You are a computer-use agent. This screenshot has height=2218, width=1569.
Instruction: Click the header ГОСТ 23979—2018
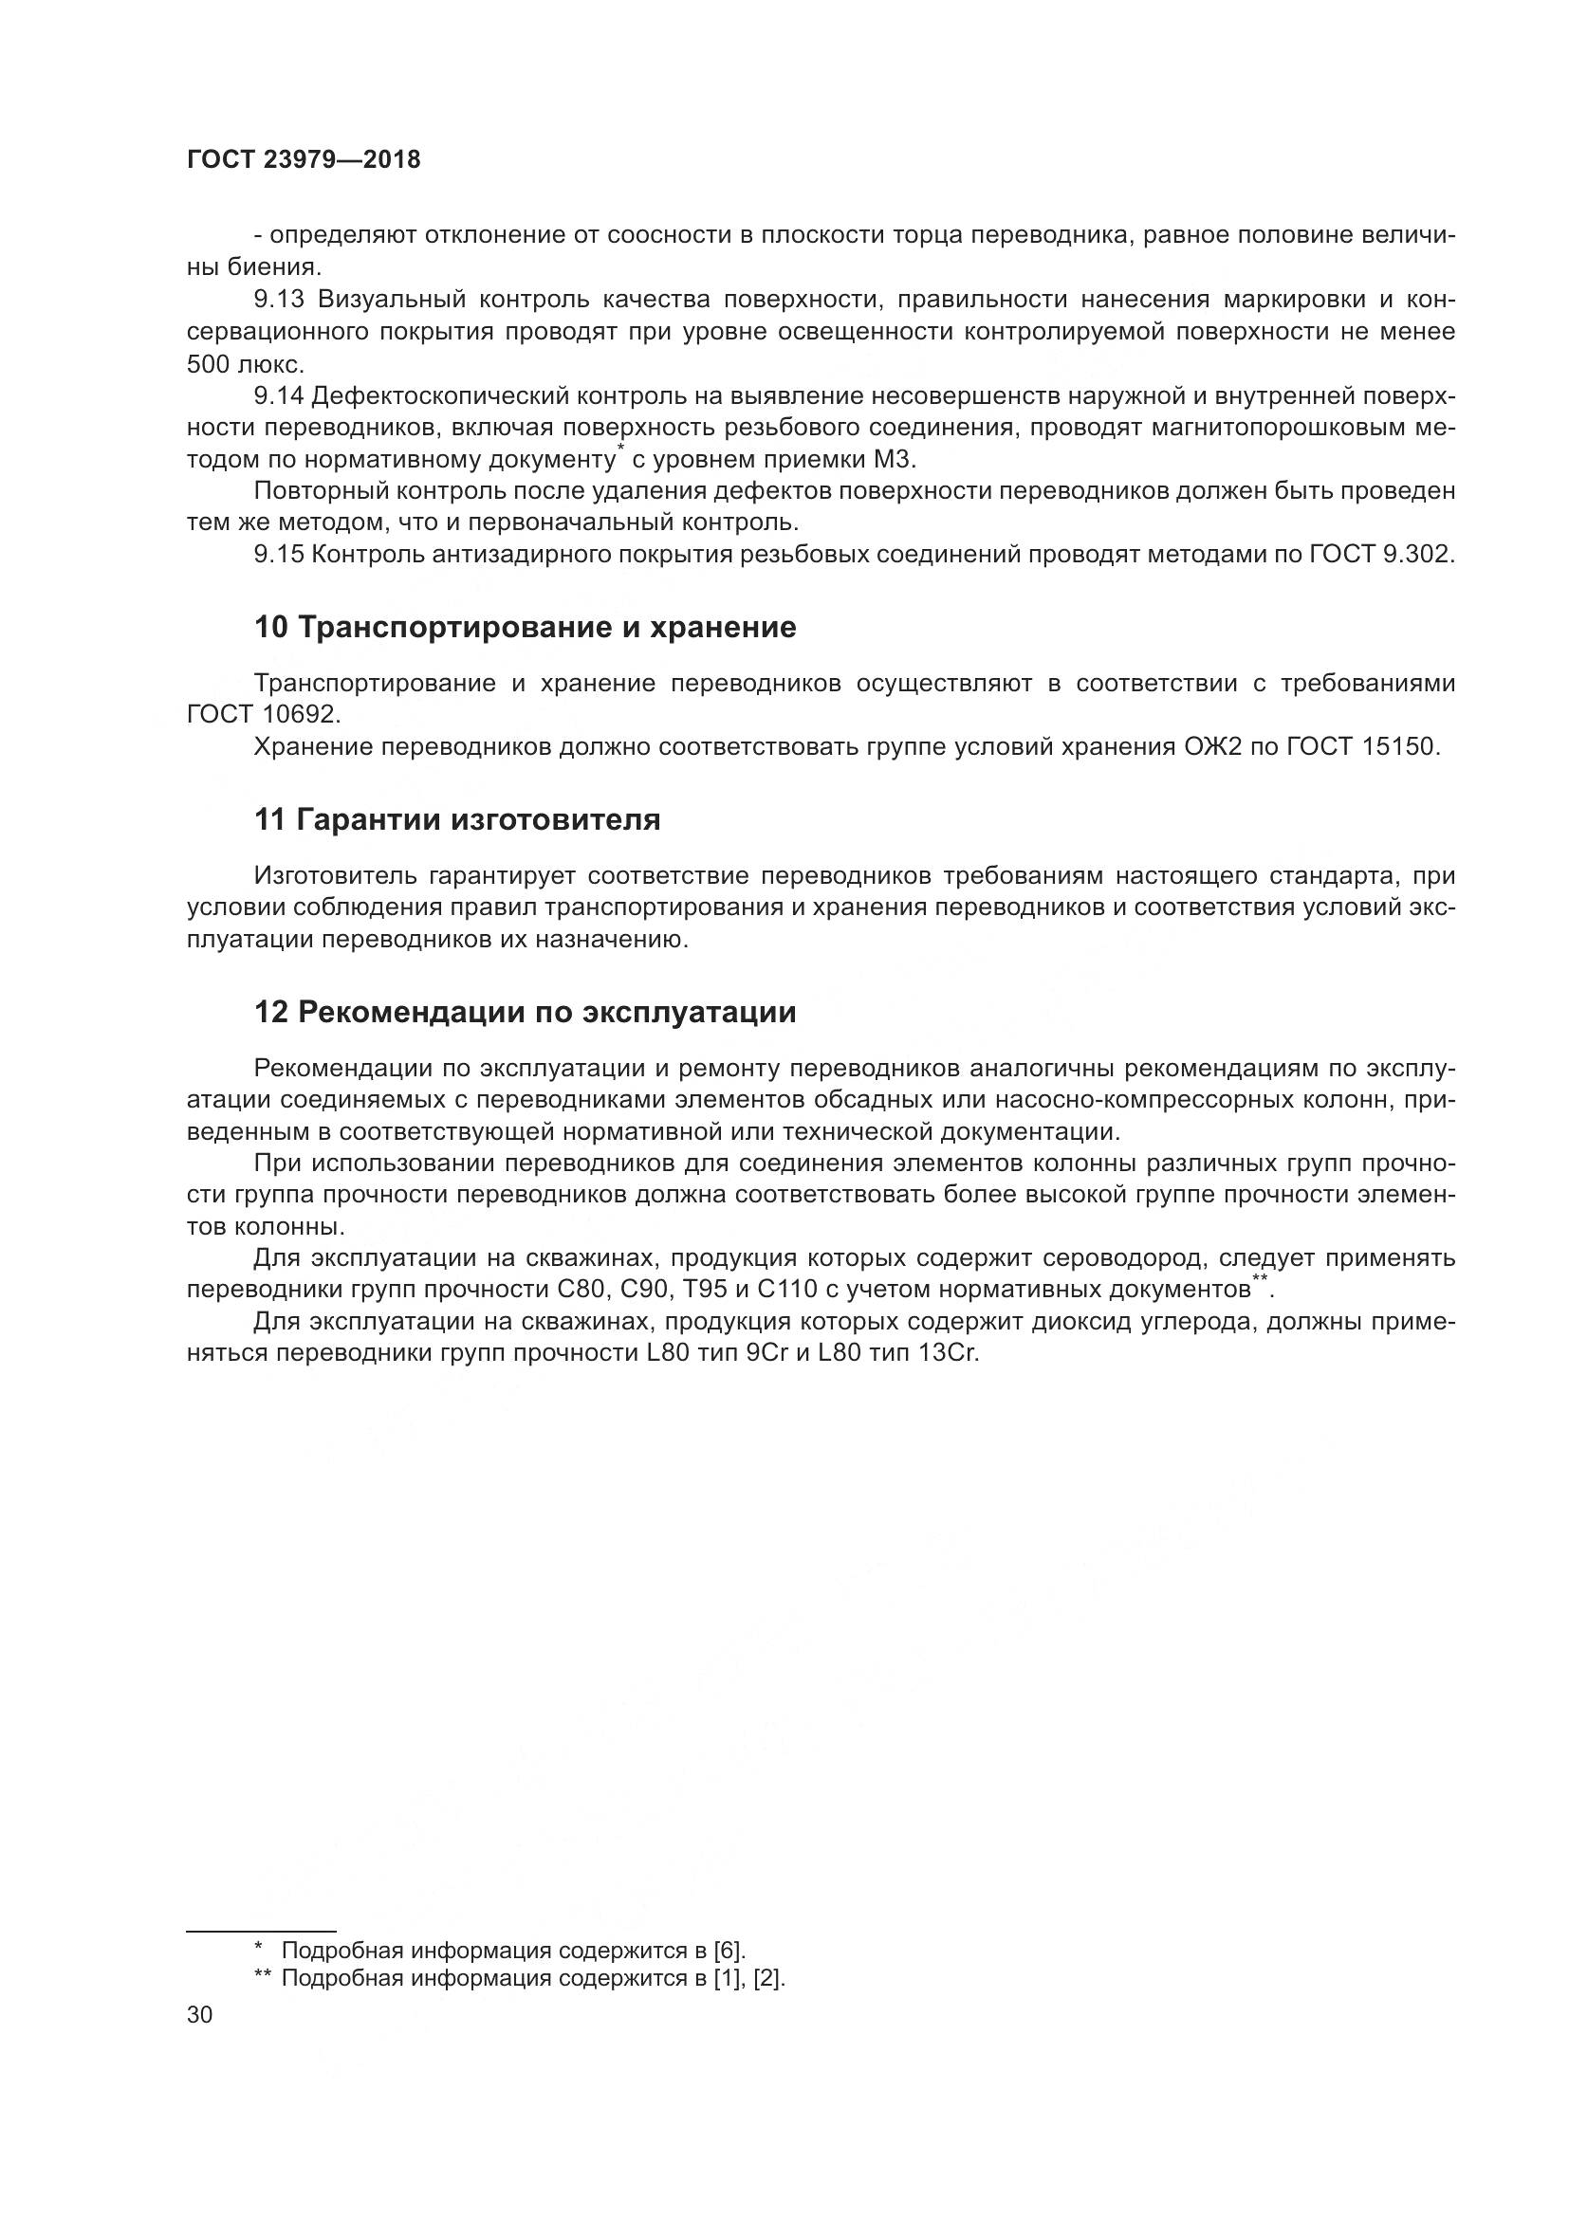304,160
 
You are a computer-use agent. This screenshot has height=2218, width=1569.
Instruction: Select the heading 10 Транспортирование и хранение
525,628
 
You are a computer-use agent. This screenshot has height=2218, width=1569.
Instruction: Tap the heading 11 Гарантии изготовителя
457,820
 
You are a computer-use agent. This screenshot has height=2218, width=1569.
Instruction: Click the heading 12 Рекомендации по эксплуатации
525,1013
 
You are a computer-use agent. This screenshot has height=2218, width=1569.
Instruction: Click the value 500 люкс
246,364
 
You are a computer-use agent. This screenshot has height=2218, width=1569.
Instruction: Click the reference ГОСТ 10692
264,715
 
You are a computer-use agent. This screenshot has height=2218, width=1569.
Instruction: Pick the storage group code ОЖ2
1213,746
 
